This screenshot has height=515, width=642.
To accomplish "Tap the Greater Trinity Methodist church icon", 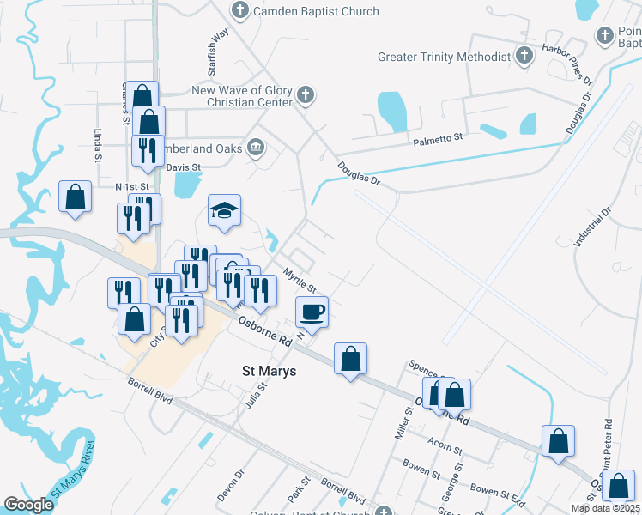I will (524, 57).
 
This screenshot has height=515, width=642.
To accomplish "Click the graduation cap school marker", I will (224, 211).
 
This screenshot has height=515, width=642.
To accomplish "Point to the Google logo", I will (28, 504).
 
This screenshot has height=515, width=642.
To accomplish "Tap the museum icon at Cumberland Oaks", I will (255, 148).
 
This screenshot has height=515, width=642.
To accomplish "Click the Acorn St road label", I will (445, 445).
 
